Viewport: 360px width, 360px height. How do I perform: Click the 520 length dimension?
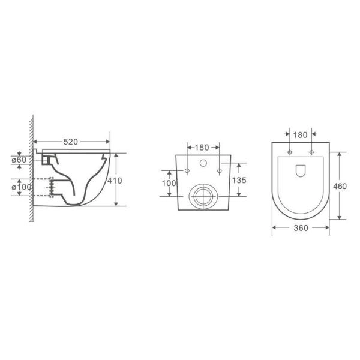(71, 142)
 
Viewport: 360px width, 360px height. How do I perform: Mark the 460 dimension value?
(340, 186)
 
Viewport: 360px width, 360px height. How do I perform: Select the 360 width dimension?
(301, 229)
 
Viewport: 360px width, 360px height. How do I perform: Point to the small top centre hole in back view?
(203, 163)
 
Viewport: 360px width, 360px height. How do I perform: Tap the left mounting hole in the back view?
(187, 172)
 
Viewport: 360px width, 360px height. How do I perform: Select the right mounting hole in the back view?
(219, 172)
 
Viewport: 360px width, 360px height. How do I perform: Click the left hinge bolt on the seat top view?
(290, 152)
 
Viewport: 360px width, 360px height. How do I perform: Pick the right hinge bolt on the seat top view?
(311, 152)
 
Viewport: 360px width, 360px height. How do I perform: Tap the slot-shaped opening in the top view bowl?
(300, 172)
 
